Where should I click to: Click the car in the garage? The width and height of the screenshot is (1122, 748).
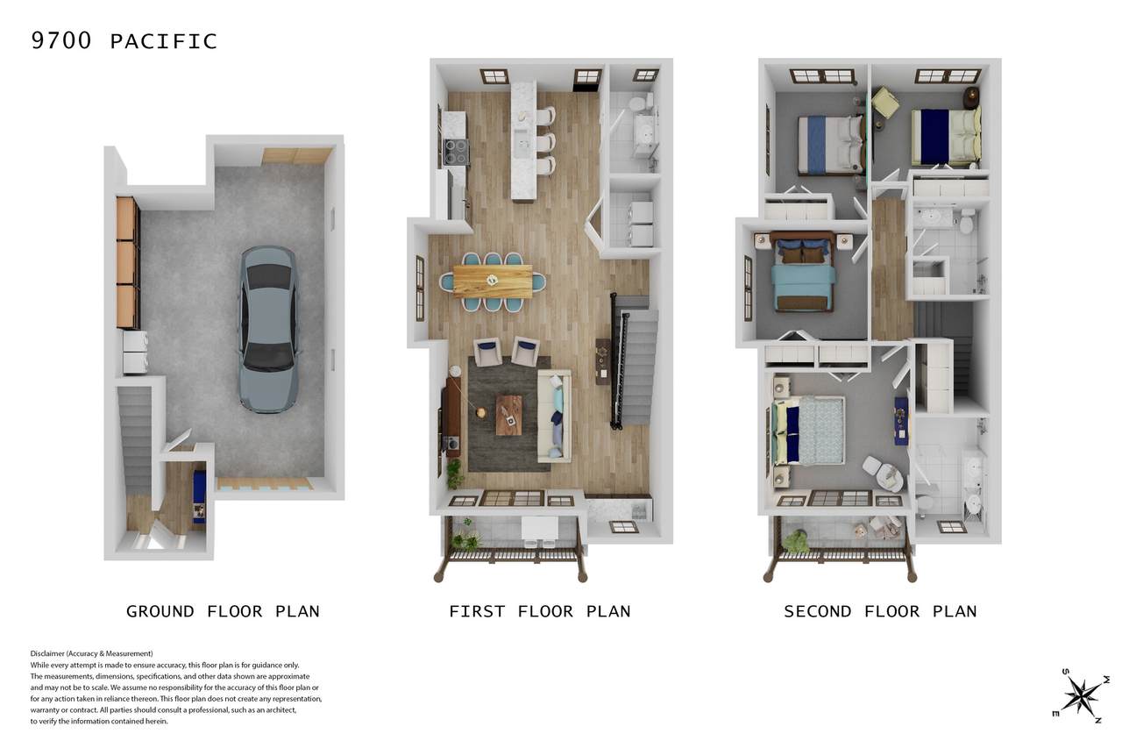(x=268, y=329)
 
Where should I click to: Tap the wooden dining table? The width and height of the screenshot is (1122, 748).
(x=493, y=281)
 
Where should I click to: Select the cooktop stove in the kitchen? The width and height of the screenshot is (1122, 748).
(x=456, y=152)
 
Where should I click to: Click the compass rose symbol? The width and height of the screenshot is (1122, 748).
(x=1081, y=695)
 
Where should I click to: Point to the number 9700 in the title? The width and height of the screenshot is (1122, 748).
(x=61, y=40)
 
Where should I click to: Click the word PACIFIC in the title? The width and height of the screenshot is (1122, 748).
(x=163, y=41)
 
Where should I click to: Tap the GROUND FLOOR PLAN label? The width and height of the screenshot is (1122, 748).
(x=223, y=611)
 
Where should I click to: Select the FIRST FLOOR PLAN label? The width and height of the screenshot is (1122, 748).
(x=539, y=611)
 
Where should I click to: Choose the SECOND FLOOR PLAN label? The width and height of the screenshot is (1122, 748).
(x=880, y=611)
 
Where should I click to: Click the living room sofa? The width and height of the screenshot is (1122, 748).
(x=553, y=416)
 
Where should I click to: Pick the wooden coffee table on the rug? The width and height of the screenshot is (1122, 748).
(x=509, y=416)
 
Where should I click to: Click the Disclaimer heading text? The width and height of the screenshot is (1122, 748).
(x=92, y=653)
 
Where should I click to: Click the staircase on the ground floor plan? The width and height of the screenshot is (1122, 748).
(x=135, y=440)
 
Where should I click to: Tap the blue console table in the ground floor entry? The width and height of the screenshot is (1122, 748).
(x=199, y=496)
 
